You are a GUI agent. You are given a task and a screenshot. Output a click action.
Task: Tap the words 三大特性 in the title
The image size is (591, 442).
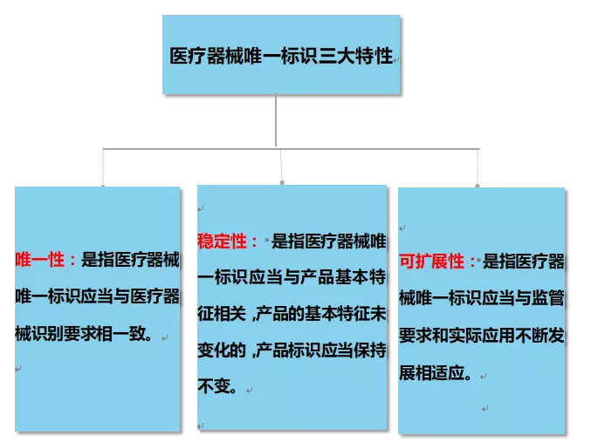pyautogui.click(x=359, y=57)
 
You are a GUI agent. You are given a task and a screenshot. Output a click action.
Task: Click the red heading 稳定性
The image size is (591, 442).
pyautogui.click(x=223, y=241)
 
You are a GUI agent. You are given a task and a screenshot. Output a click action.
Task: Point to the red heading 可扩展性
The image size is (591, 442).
pyautogui.click(x=433, y=260)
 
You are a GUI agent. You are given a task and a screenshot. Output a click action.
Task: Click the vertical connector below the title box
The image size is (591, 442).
pyautogui.click(x=276, y=120)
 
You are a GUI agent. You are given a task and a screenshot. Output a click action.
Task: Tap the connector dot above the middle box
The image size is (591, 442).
pyautogui.click(x=281, y=182)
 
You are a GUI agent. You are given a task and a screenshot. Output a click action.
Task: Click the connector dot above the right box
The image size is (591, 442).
pyautogui.click(x=477, y=185)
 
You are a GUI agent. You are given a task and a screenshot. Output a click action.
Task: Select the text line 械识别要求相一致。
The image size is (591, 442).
pyautogui.click(x=84, y=332)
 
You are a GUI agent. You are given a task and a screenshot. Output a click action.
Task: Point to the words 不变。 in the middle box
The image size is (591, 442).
pyautogui.click(x=218, y=386)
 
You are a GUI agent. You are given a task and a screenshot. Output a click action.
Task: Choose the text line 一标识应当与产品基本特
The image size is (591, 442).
pyautogui.click(x=292, y=277)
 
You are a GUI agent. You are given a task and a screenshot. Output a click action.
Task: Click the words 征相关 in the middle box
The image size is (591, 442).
pyautogui.click(x=223, y=314)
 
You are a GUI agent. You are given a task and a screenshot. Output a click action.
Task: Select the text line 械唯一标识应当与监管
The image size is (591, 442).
pyautogui.click(x=481, y=297)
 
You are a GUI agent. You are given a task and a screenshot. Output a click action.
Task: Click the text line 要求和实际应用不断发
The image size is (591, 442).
pyautogui.click(x=481, y=337)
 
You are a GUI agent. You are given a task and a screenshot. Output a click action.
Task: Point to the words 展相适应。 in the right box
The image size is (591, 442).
pyautogui.click(x=436, y=374)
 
